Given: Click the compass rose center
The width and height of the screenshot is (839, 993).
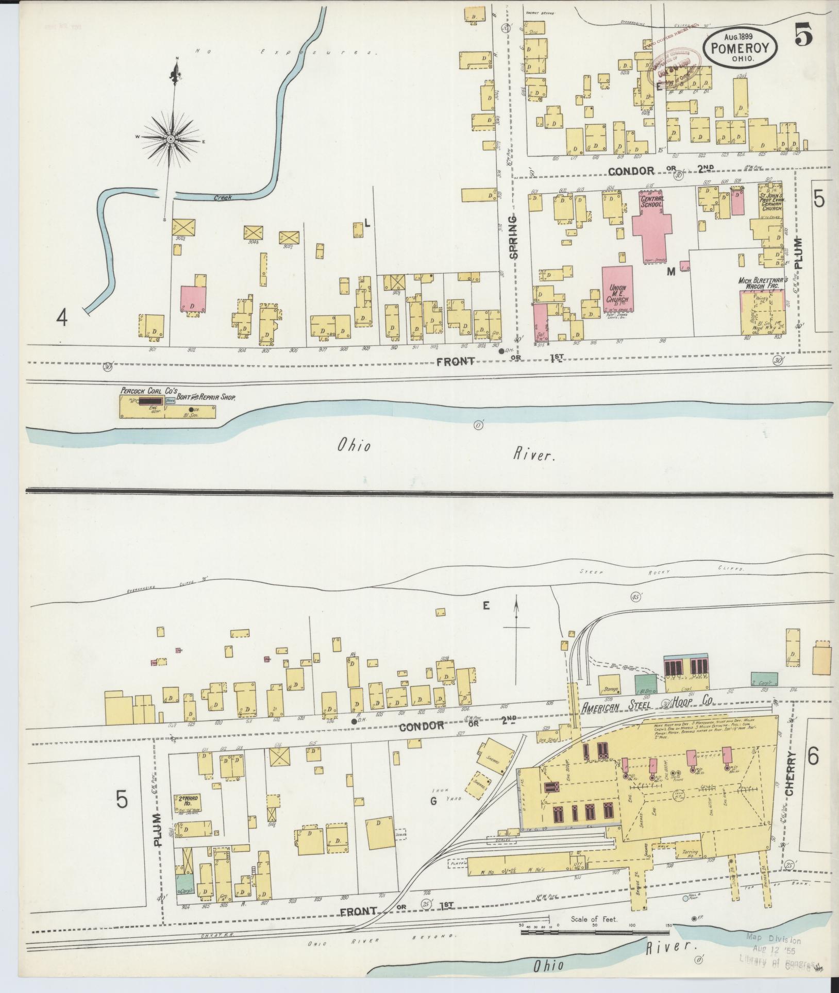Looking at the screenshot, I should coord(171,140).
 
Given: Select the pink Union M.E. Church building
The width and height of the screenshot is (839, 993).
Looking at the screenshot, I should coord(617,289).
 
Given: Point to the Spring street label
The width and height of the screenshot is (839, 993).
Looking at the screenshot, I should coord(514,238).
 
